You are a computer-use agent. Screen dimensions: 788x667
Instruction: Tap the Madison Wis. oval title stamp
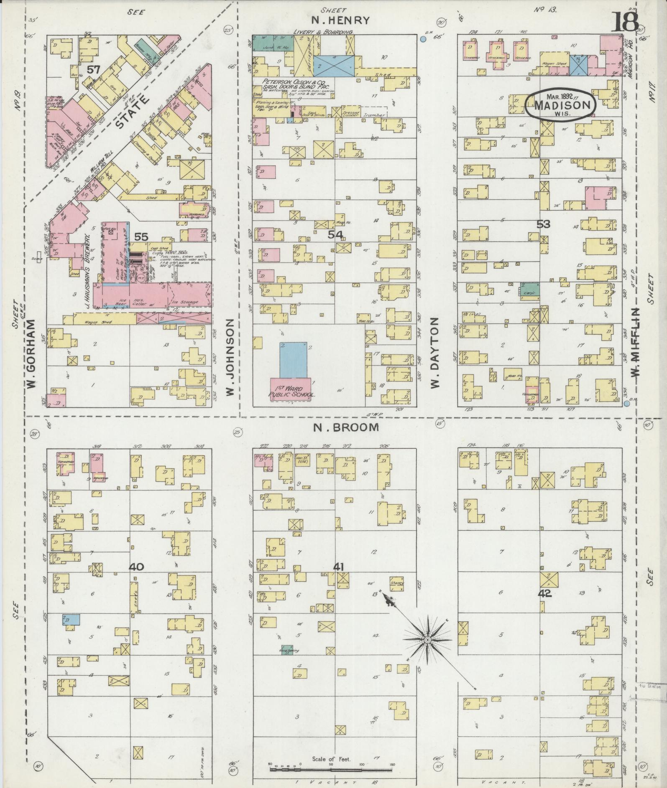coord(560,104)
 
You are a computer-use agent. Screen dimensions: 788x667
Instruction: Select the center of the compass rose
coord(427,640)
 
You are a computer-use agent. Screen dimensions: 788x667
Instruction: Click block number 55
coord(141,237)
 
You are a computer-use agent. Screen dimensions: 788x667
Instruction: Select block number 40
coord(137,567)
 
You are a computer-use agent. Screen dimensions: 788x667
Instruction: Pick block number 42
coord(546,594)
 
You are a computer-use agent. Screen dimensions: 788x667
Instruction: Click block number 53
coord(543,224)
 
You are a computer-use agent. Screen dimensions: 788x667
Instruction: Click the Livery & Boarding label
coord(324,32)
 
